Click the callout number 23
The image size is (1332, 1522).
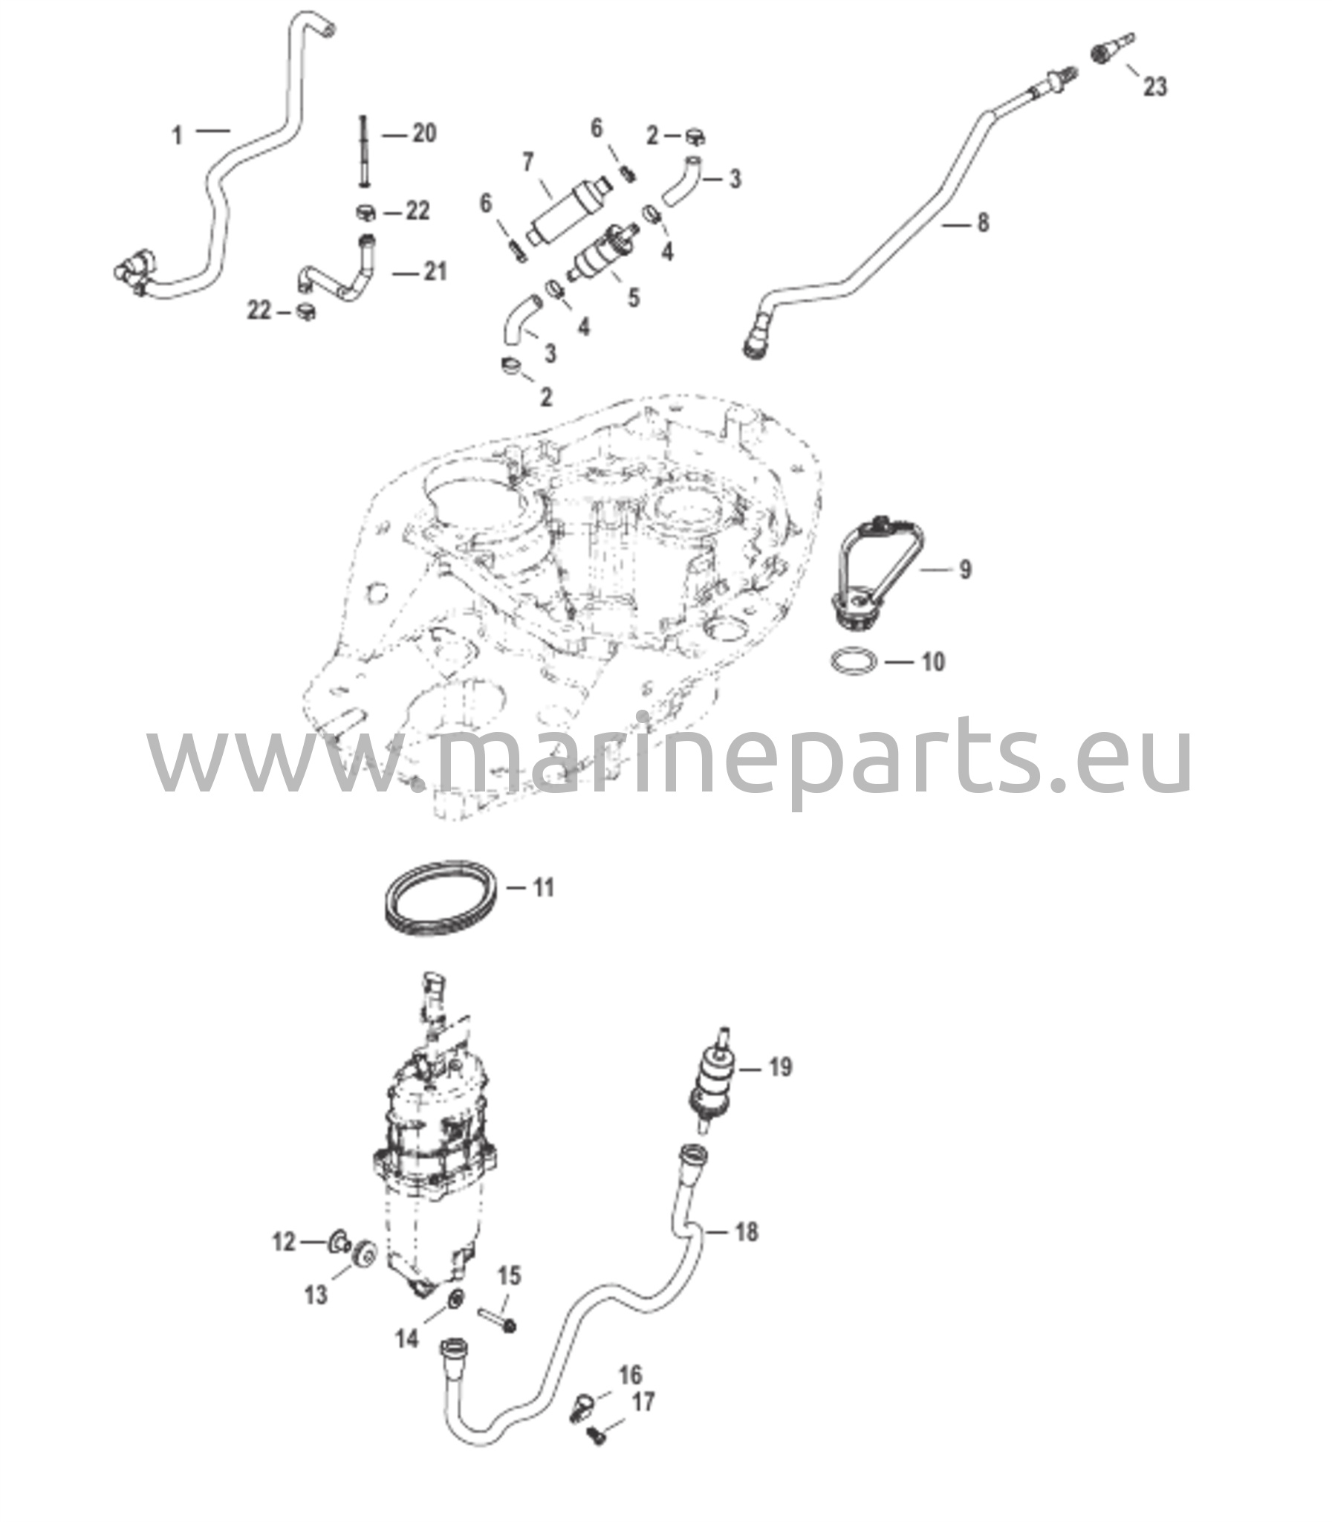(x=1154, y=87)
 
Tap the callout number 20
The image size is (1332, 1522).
(x=423, y=134)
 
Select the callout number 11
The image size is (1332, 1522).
(x=544, y=888)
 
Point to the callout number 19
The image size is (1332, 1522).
(x=781, y=1068)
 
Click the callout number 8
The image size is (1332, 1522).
(x=983, y=222)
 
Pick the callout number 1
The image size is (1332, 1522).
(x=177, y=136)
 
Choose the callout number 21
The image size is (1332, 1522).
(x=435, y=272)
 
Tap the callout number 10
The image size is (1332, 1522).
(x=933, y=661)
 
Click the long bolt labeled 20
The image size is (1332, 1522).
(x=364, y=153)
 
